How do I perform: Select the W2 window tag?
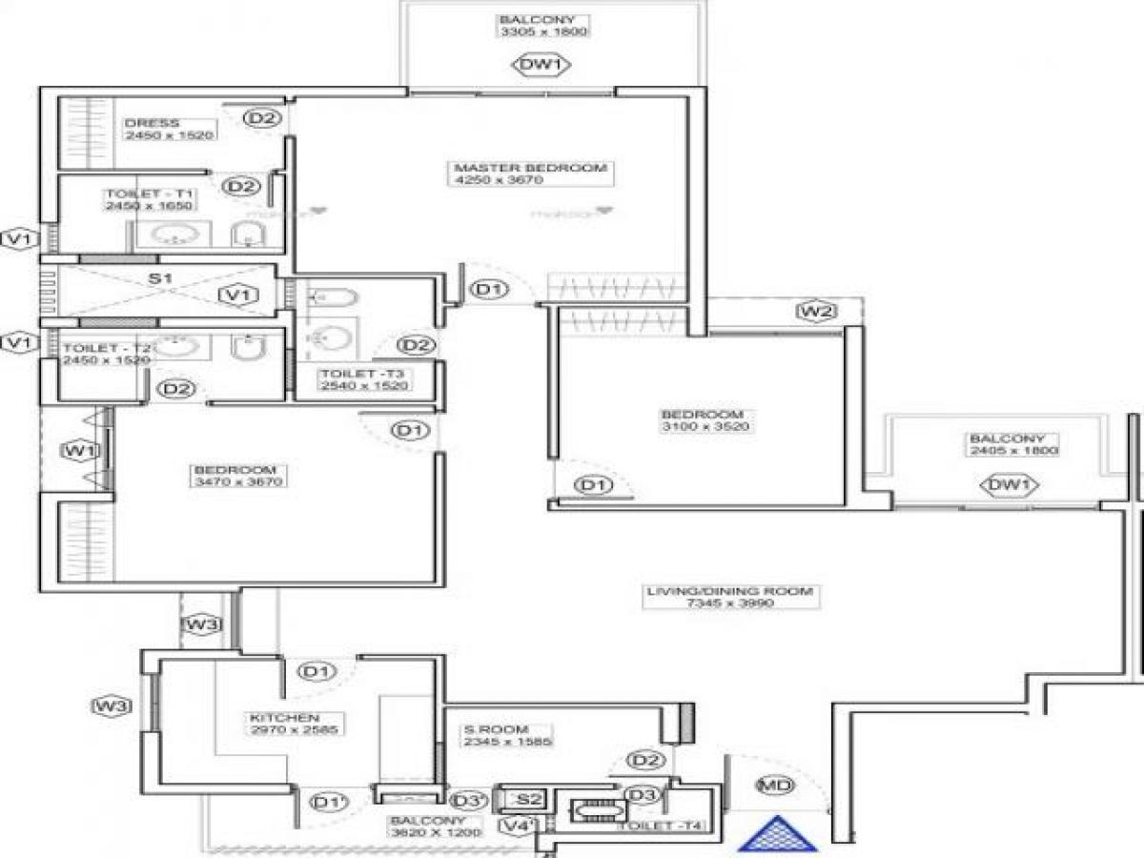pos(816,311)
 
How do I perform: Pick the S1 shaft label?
pos(159,279)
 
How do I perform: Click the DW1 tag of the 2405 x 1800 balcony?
pos(1011,486)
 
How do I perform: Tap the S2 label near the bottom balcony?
pos(530,800)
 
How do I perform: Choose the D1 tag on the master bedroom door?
pos(489,289)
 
